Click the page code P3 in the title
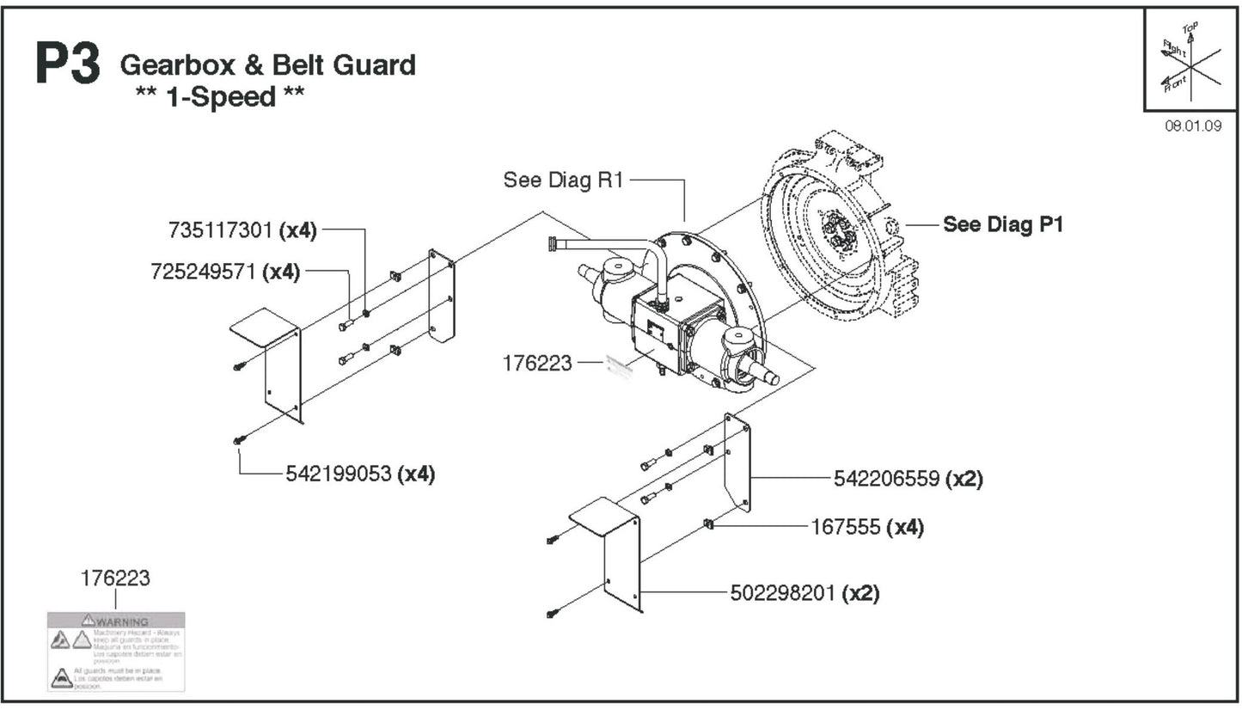[x=68, y=64]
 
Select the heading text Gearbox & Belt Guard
[x=267, y=64]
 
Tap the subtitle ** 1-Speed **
[x=220, y=96]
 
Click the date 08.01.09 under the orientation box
[x=1193, y=125]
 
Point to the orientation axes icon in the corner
[x=1190, y=60]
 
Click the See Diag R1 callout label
[x=563, y=180]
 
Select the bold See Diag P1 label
[x=1003, y=224]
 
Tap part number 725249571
[x=205, y=272]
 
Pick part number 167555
[x=846, y=526]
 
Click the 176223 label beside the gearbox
[x=537, y=363]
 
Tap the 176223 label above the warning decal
[x=115, y=578]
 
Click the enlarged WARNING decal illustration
[x=116, y=651]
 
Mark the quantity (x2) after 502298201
[x=860, y=593]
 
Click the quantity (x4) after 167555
[x=905, y=526]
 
